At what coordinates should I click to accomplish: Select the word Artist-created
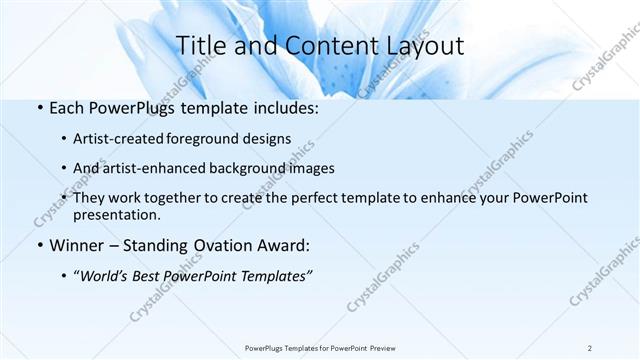(x=114, y=139)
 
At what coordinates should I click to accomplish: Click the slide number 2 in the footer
(x=590, y=347)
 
